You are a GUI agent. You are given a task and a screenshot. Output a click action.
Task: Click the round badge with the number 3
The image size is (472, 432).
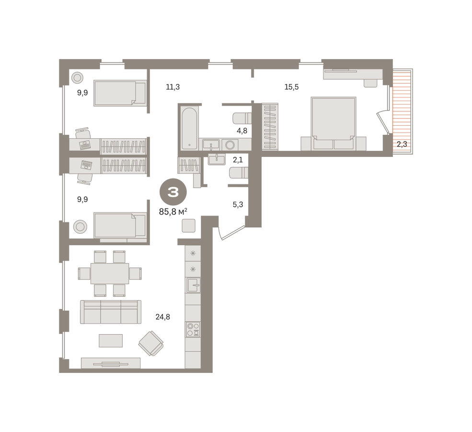[x=173, y=192]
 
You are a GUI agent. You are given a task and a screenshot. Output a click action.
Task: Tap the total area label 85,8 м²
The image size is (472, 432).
[x=173, y=212]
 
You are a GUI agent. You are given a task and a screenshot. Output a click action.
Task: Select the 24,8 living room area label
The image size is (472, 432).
[x=162, y=317]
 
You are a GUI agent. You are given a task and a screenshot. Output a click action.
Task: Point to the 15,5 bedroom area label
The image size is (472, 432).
[x=291, y=87]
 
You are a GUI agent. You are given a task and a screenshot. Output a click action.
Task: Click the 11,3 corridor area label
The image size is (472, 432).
[x=173, y=87]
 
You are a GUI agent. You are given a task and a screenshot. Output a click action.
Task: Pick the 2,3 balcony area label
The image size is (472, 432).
[x=402, y=144]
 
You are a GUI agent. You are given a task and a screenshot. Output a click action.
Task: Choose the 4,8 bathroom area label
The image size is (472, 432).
[x=242, y=131]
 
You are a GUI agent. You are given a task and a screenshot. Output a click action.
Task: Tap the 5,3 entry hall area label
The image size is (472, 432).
[x=238, y=204]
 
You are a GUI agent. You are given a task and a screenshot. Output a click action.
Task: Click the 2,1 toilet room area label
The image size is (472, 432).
[x=238, y=159]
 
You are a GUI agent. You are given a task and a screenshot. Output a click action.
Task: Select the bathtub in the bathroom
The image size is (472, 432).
[x=190, y=128]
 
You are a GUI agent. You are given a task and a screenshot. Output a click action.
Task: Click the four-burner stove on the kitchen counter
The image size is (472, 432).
[x=193, y=329]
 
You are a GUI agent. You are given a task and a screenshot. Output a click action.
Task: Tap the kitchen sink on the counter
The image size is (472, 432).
[x=193, y=285]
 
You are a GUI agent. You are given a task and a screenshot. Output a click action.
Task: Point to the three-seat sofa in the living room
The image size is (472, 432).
[x=111, y=312]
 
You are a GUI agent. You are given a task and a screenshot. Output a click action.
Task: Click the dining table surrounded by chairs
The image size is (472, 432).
[x=110, y=274]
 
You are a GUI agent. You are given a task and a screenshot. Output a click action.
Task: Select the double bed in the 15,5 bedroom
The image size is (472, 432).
[x=334, y=123]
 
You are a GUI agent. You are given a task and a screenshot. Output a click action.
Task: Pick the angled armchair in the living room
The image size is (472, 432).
[x=151, y=343]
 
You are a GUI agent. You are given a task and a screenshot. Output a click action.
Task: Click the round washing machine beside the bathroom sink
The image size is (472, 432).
[x=230, y=145]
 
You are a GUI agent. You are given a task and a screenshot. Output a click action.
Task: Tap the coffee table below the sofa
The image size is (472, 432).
[x=111, y=341]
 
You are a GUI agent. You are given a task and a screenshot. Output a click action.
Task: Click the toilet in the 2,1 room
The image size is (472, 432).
[x=239, y=173]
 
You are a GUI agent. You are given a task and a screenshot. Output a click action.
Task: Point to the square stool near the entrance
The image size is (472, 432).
[x=189, y=226]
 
